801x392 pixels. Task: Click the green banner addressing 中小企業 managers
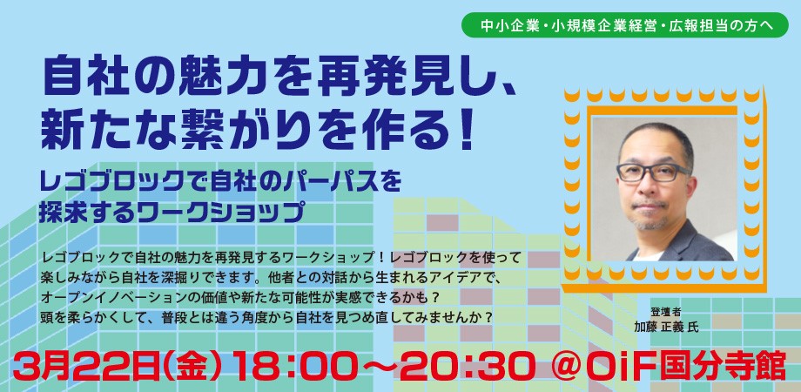pos(625,25)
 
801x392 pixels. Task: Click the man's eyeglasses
pos(654,172)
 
